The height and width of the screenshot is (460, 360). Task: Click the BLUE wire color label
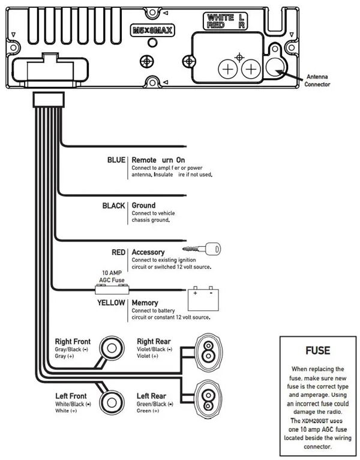[116, 160]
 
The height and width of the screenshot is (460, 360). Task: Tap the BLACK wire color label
[114, 205]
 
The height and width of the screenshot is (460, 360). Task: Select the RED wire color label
[118, 252]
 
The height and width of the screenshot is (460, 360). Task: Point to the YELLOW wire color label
[111, 303]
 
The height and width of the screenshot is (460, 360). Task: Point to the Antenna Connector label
[318, 80]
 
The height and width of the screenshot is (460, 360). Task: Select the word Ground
[143, 205]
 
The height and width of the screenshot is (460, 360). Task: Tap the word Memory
[145, 303]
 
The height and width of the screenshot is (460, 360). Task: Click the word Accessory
[148, 252]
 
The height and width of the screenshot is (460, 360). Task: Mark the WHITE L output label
[226, 18]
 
